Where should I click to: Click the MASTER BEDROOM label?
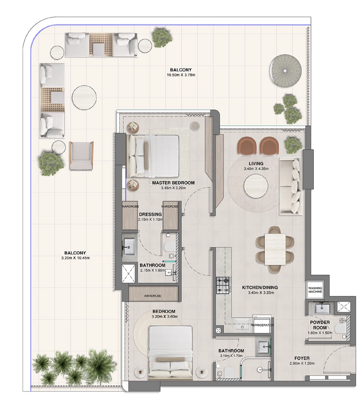point(173,183)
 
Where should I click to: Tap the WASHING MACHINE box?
point(315,290)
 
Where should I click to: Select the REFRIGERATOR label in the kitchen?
point(262,325)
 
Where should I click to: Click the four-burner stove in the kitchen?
point(223,285)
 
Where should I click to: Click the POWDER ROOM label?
point(320,325)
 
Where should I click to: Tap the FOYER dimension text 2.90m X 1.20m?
point(302,363)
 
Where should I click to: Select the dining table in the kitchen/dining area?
point(275,249)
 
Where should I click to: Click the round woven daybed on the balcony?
point(286,71)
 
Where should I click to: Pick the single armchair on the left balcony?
point(81,156)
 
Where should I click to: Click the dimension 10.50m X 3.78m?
point(181,75)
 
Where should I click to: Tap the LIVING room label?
point(256,164)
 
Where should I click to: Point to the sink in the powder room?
point(322,308)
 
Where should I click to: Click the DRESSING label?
point(150,214)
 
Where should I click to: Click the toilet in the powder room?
point(340,329)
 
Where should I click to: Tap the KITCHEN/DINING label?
point(260,287)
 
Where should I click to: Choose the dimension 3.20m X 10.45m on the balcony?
point(75,258)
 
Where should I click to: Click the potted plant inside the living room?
point(293,144)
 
